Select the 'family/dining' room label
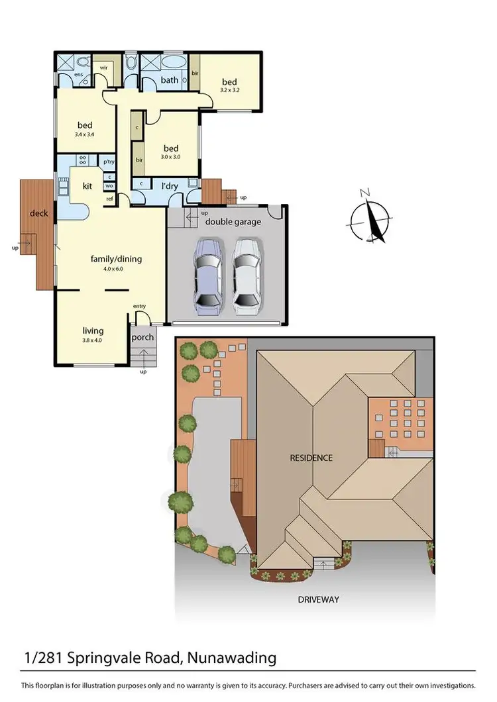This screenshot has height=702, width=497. pyautogui.click(x=117, y=259)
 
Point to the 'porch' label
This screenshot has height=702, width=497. pyautogui.click(x=142, y=337)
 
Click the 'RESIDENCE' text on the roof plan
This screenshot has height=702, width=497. pyautogui.click(x=311, y=458)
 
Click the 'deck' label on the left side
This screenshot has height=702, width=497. pyautogui.click(x=38, y=213)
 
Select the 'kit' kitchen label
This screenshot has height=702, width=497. pyautogui.click(x=87, y=187)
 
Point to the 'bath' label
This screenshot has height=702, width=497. pyautogui.click(x=169, y=80)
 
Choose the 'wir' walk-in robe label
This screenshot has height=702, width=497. pyautogui.click(x=104, y=68)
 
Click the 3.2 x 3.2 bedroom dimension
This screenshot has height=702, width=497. pyautogui.click(x=229, y=91)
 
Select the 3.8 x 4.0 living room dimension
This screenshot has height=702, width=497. pyautogui.click(x=93, y=340)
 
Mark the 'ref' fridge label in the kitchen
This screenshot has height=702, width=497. pyautogui.click(x=109, y=198)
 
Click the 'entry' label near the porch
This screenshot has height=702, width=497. pyautogui.click(x=139, y=306)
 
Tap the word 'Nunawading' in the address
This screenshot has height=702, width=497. pyautogui.click(x=232, y=658)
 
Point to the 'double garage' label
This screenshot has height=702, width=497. pyautogui.click(x=233, y=222)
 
